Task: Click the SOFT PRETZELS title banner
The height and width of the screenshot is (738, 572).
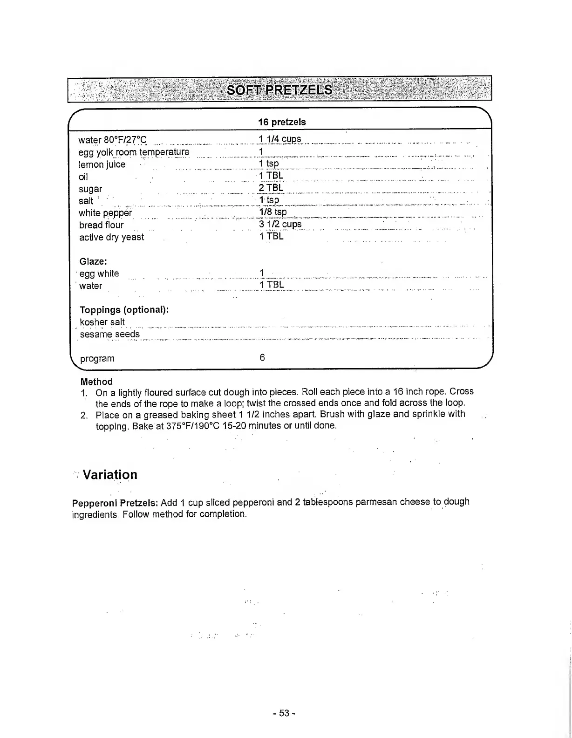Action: pos(279,89)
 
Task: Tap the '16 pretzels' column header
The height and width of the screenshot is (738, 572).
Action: pos(282,122)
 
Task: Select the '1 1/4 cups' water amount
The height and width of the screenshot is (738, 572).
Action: pos(280,139)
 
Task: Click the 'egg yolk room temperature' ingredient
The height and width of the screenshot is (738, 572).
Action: pos(134,152)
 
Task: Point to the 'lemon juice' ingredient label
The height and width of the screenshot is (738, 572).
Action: pos(102,164)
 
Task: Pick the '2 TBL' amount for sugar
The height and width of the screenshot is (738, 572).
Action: pos(271,188)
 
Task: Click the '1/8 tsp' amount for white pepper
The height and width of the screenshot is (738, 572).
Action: pos(273,212)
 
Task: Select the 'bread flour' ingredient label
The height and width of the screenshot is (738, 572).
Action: pos(101,225)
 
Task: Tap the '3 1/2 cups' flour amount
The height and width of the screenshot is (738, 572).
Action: pos(280,224)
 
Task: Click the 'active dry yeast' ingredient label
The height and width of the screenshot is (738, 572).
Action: pos(111,237)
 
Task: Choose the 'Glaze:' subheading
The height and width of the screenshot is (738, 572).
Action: pos(93,261)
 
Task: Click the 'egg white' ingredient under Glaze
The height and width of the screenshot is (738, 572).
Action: pos(99,273)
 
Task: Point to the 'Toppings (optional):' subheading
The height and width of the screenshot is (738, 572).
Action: pos(124,310)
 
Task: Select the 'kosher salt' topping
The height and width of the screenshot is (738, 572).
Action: pos(102,322)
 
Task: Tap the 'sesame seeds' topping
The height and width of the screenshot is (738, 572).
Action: pos(109,334)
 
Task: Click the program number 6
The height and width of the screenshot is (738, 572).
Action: pos(262,358)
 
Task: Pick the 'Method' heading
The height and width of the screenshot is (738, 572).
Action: pos(96,382)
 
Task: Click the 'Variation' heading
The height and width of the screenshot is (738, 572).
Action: pos(110,475)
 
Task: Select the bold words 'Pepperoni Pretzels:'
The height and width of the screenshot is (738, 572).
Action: pos(116,503)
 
